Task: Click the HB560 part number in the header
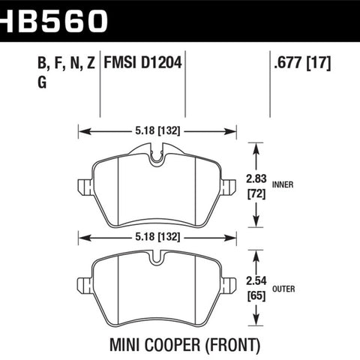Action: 53,21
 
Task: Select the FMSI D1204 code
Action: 142,62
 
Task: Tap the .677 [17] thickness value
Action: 302,62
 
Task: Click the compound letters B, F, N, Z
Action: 66,63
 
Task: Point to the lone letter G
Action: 42,82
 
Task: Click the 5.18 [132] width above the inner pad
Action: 157,130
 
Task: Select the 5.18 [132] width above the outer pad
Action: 157,237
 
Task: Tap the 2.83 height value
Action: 256,178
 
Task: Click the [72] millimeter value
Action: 256,193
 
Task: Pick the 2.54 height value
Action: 256,281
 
